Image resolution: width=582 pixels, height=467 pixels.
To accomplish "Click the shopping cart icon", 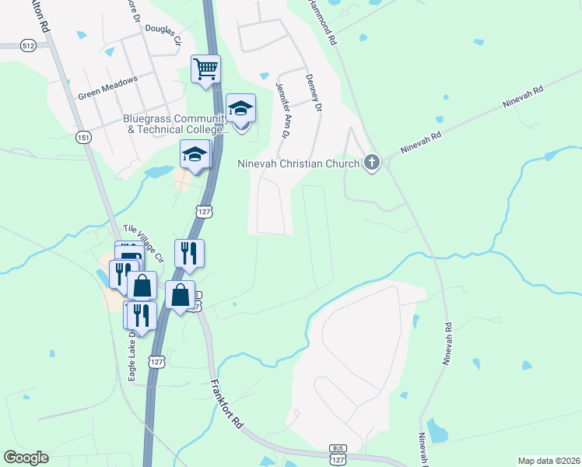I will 206,68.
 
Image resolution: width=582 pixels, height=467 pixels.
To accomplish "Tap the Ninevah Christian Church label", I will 299,163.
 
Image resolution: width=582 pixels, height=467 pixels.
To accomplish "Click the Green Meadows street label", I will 107,88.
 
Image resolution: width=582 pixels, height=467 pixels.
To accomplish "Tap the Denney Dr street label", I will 314,93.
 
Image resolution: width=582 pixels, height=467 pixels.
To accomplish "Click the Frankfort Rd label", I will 227,404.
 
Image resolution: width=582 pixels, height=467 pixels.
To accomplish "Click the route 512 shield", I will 29,45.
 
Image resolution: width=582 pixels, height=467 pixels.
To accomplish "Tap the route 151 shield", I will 83,138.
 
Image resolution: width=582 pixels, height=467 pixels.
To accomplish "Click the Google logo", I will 26,458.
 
